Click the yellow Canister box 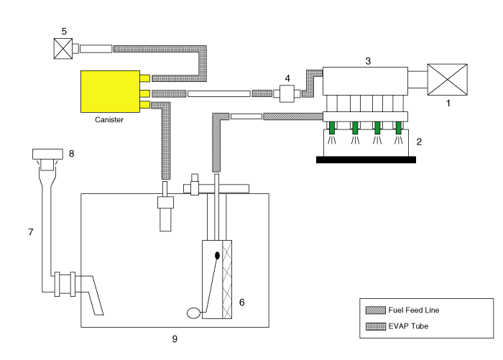pos(110,91)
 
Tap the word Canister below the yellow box pos(109,120)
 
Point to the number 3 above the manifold pos(368,61)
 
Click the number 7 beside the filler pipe pos(30,232)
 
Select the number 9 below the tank pos(174,338)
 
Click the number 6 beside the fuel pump pos(242,303)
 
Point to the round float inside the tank pos(194,313)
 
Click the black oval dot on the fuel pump pos(216,255)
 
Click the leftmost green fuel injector pos(333,129)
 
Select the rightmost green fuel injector pos(399,129)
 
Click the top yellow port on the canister pos(144,78)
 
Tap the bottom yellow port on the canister pos(144,106)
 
